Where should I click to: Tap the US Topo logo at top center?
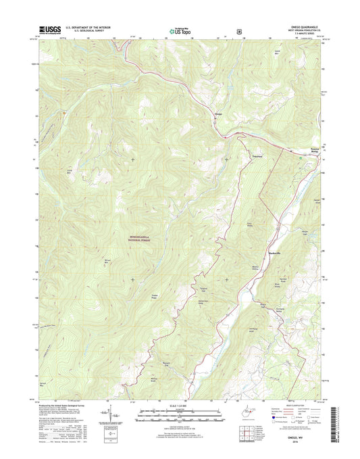coord(179,30)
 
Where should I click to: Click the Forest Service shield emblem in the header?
coord(238,30)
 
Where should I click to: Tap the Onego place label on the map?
coord(218,114)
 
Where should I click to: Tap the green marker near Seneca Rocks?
coord(301,156)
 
